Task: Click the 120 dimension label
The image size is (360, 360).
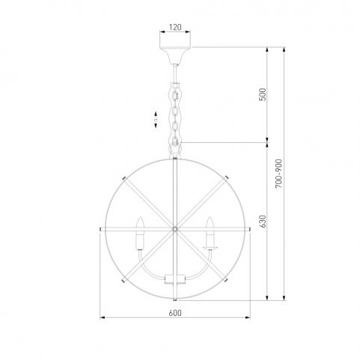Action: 175,27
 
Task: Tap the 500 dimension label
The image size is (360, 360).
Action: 263,94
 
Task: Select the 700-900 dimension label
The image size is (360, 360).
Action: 278,174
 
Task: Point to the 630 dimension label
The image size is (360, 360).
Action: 263,222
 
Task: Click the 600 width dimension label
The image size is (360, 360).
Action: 175,313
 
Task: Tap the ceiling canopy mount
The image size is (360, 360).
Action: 175,55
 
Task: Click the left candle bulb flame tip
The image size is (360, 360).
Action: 141,217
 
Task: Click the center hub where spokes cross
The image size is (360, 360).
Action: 175,228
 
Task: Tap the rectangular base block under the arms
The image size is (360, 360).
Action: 175,279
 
